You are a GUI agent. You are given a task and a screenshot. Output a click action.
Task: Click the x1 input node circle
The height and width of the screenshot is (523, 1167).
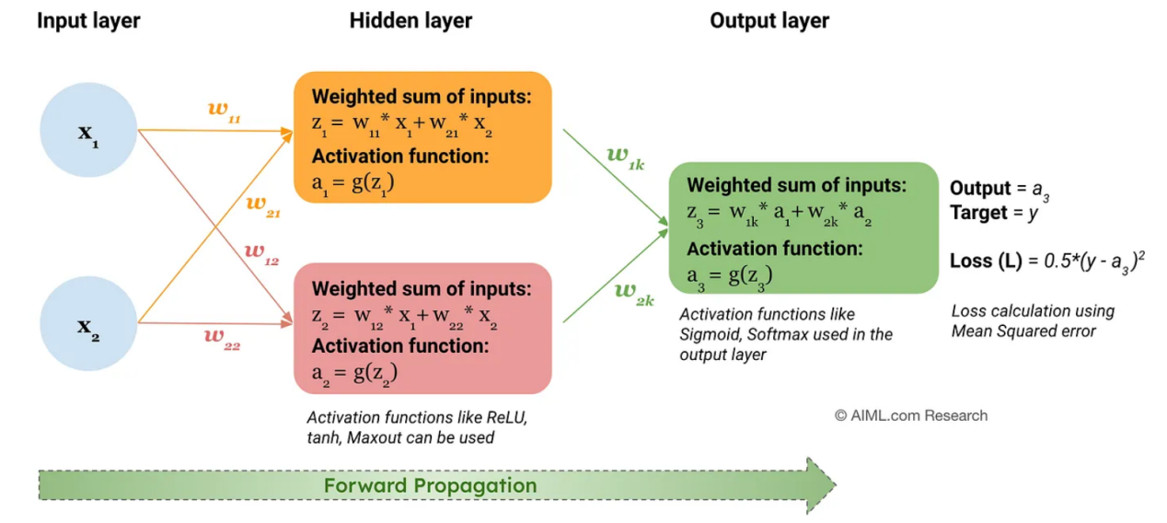88,130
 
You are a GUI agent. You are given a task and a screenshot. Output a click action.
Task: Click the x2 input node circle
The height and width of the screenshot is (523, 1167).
88,324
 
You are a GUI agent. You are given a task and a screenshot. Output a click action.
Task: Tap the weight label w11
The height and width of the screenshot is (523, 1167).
224,111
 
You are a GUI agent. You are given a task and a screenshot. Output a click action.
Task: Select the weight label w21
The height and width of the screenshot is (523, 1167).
263,206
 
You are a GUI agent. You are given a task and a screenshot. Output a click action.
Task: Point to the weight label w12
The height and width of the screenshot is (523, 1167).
261,254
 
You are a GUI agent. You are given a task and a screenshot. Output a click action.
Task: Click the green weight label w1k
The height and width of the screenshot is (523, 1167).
626,158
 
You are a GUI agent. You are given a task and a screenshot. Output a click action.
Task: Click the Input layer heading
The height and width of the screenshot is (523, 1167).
88,21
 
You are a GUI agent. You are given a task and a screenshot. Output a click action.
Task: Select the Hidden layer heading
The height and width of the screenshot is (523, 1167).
410,21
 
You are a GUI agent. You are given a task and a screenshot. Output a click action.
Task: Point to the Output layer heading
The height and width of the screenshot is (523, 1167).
769,21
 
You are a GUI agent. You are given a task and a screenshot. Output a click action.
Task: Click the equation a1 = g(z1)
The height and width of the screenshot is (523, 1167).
352,184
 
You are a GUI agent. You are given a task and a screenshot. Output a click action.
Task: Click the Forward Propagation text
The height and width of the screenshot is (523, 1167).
431,485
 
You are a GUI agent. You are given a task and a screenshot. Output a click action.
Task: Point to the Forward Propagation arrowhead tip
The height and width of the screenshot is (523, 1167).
837,485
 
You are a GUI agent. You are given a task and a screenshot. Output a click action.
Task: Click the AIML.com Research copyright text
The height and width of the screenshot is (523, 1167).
911,415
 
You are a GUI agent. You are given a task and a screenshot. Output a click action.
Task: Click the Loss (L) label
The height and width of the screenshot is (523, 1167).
987,261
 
